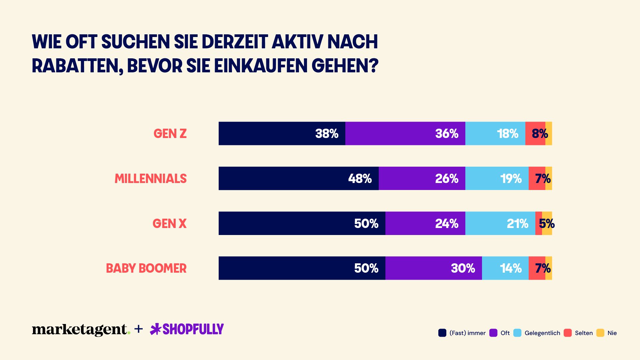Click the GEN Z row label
coord(170,134)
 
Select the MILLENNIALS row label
coord(151,179)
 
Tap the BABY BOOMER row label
coord(146,268)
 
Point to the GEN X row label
coord(169,223)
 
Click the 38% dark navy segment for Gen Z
coord(282,134)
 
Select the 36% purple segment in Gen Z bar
coord(405,134)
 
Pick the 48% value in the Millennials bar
coord(360,179)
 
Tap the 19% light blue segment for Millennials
coord(497,179)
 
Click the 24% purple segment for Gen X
coord(425,223)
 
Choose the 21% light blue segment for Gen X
coord(500,223)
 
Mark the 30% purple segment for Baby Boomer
coord(433,268)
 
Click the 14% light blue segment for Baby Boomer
coord(505,268)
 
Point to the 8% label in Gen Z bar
coord(539,134)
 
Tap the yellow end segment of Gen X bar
coord(547,230)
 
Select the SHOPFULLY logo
coord(187,329)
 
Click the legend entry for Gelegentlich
coord(537,333)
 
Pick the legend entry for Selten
coord(578,333)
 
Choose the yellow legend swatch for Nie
coord(600,333)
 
